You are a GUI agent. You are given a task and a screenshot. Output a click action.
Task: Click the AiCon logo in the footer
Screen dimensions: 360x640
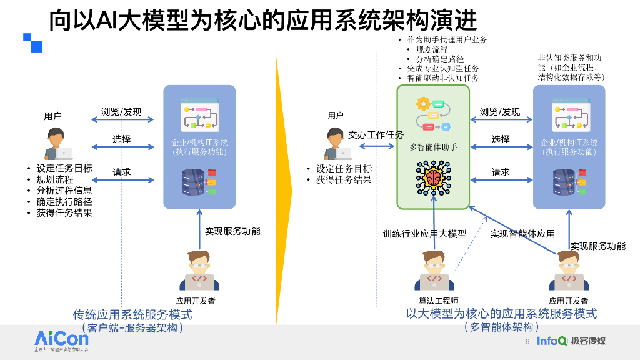(x=61, y=341)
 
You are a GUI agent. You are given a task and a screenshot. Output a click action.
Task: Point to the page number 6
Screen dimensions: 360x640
(x=527, y=341)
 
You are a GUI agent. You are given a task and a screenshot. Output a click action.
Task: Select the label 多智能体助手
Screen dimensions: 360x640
(x=432, y=147)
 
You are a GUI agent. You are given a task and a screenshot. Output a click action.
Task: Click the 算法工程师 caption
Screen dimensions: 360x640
(x=438, y=301)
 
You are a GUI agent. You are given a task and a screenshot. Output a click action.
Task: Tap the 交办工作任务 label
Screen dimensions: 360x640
(x=376, y=135)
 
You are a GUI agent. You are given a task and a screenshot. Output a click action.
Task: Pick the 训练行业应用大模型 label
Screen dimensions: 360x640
(x=424, y=234)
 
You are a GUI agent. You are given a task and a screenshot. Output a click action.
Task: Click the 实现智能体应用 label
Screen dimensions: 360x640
(x=522, y=234)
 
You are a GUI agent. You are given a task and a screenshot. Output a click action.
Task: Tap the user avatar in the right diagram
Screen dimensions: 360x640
(x=337, y=144)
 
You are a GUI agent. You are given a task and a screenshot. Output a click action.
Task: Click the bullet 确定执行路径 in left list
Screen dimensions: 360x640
(x=64, y=202)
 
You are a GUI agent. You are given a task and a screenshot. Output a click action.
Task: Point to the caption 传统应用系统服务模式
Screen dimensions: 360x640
(x=132, y=314)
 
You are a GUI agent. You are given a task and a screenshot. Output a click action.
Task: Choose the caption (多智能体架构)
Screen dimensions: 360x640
(x=501, y=327)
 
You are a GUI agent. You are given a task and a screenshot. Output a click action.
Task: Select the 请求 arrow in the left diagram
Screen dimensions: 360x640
(x=122, y=181)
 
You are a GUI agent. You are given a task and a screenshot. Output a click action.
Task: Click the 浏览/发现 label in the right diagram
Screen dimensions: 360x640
(x=500, y=112)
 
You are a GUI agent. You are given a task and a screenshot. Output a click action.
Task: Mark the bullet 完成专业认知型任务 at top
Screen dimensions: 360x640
(x=443, y=68)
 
